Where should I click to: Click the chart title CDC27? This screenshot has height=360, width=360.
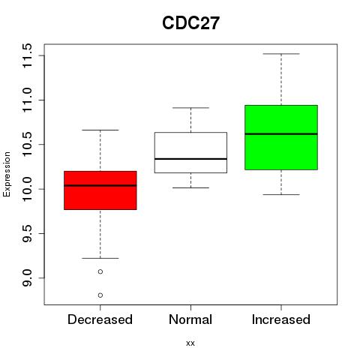[x=190, y=23]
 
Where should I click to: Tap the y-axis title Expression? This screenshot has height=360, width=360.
[x=7, y=174]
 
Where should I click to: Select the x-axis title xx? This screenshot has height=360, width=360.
[x=190, y=343]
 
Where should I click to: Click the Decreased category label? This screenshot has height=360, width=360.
[x=100, y=319]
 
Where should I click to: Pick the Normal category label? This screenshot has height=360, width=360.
[x=190, y=319]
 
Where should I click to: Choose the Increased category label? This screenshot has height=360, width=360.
[x=281, y=319]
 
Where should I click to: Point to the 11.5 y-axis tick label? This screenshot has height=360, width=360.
[x=27, y=55]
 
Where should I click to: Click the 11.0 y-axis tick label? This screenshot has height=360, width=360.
[x=27, y=100]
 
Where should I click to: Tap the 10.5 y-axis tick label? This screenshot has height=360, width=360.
[x=27, y=145]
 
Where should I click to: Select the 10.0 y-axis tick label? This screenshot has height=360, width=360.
[x=27, y=189]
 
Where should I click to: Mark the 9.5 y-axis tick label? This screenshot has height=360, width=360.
[x=27, y=233]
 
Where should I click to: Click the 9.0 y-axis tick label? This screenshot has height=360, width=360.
[x=27, y=278]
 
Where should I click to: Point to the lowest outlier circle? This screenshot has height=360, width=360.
[x=100, y=295]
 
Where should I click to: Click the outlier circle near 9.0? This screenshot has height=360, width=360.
[x=100, y=271]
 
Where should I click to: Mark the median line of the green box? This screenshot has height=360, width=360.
[x=281, y=134]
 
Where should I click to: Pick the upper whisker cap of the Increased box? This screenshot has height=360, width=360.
[x=281, y=54]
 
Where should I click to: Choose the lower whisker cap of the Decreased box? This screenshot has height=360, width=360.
[x=100, y=258]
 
